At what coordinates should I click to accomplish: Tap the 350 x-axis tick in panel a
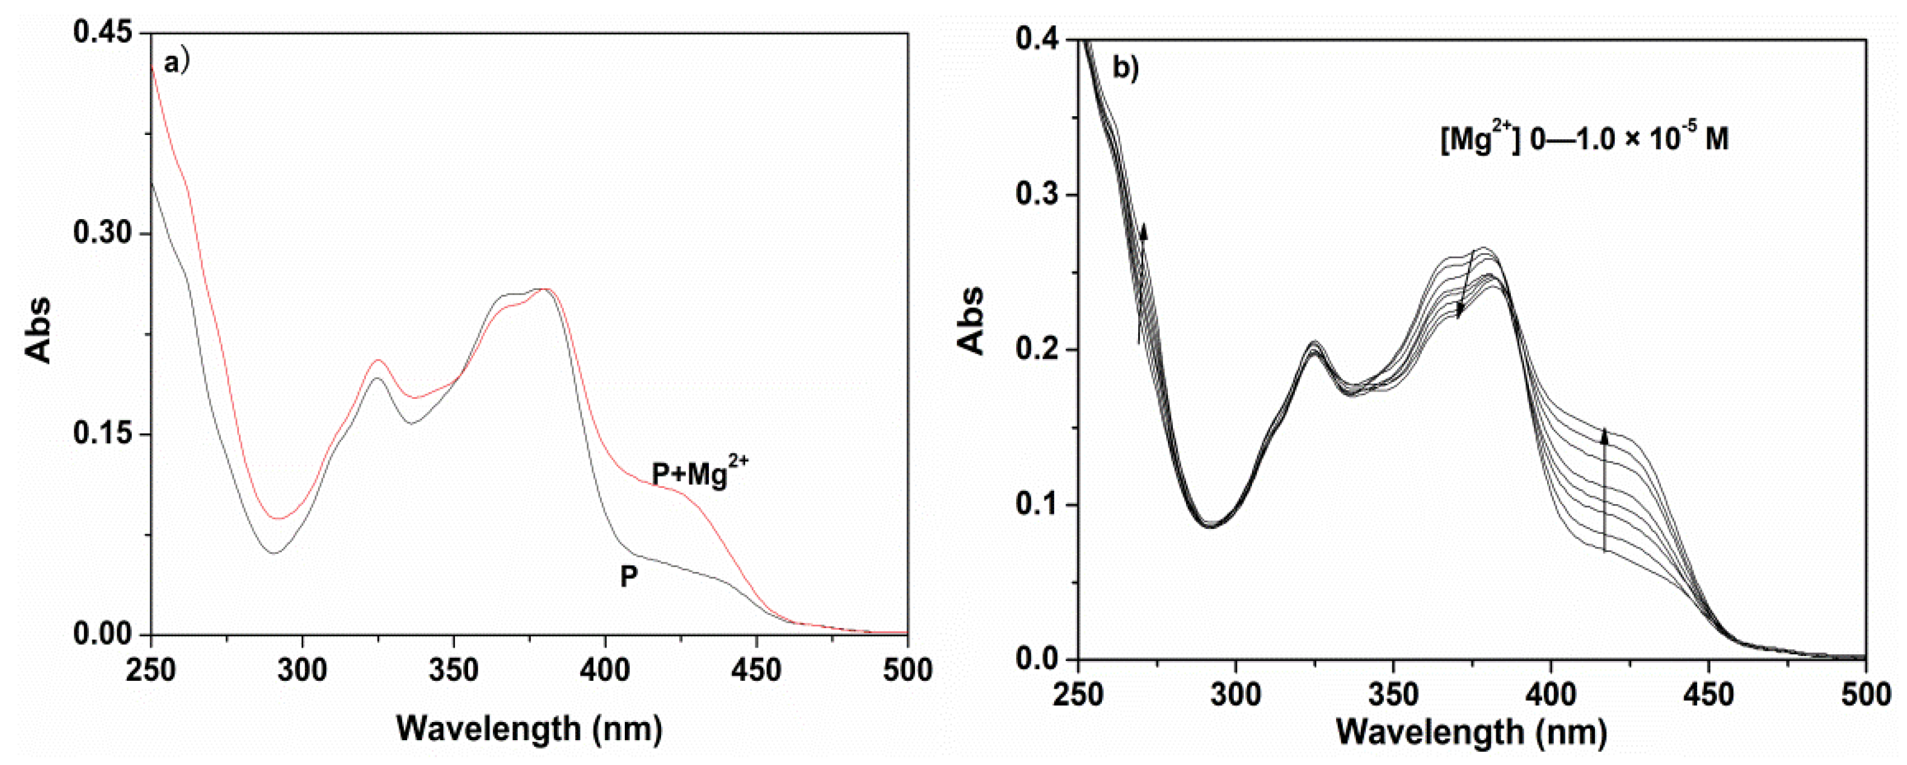click(x=454, y=670)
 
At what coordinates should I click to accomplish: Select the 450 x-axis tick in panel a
click(x=757, y=670)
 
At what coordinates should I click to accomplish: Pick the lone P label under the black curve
click(x=628, y=577)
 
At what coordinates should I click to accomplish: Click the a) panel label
click(x=177, y=64)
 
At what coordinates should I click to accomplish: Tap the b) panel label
click(x=1126, y=68)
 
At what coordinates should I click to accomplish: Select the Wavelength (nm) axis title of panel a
click(x=529, y=729)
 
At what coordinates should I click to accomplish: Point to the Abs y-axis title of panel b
click(x=971, y=320)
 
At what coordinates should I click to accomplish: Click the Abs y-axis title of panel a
click(x=39, y=330)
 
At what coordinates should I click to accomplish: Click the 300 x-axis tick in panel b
click(x=1236, y=695)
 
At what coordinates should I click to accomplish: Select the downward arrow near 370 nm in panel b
click(x=1466, y=285)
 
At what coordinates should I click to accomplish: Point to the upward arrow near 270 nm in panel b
click(x=1141, y=281)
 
